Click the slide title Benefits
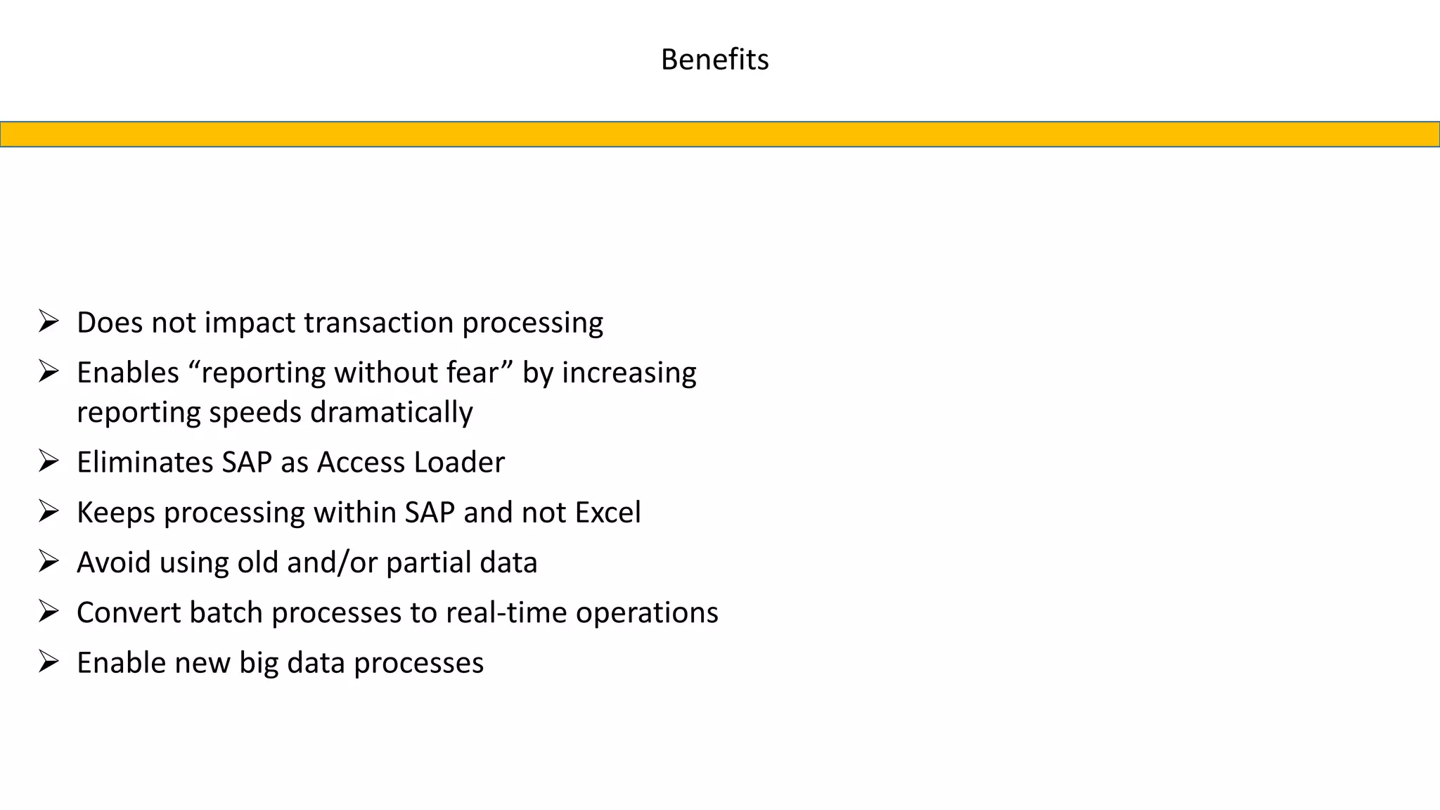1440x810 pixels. (714, 60)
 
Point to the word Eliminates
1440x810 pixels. (144, 463)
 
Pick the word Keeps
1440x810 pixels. (115, 513)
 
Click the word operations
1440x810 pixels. (647, 613)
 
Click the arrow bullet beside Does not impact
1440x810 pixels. (49, 322)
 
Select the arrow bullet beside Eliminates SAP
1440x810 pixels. (49, 461)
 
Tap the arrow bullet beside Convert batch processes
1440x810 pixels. (49, 612)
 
